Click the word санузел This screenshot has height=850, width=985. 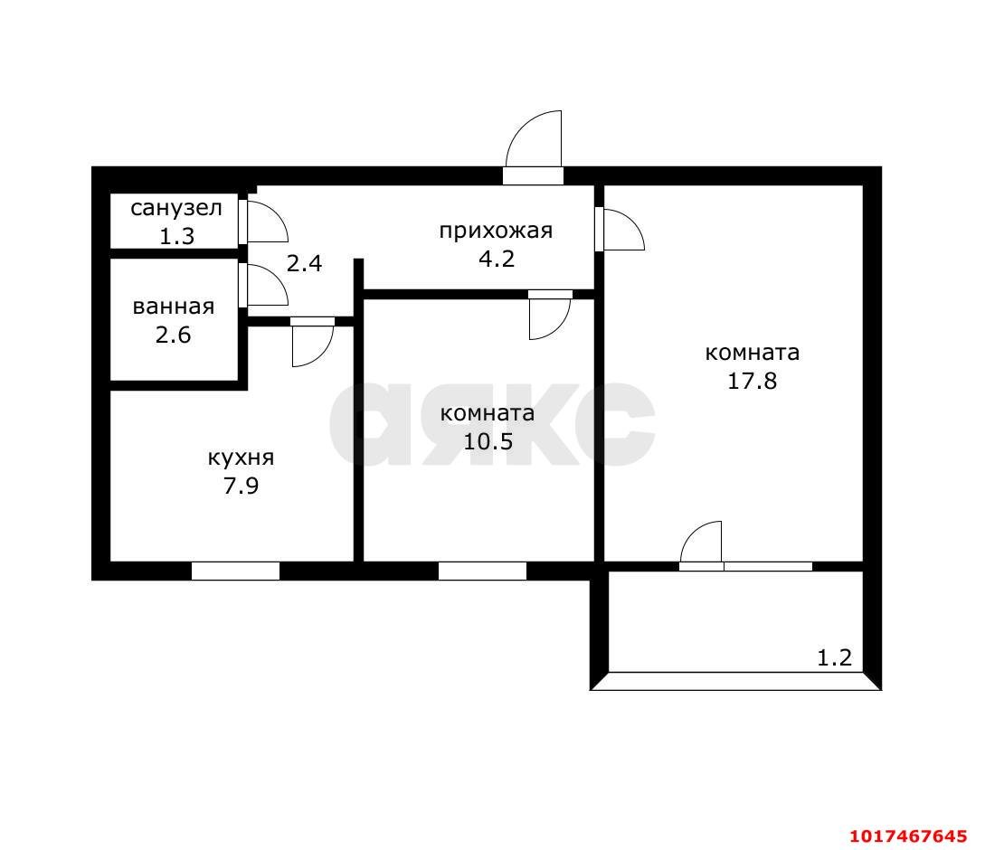(x=176, y=208)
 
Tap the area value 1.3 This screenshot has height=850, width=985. (x=177, y=237)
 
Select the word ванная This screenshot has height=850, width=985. (x=174, y=307)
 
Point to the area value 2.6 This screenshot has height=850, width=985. (x=174, y=335)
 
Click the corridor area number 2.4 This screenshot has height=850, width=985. (x=305, y=263)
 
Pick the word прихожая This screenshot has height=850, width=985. (x=496, y=231)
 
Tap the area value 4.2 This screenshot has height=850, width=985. (x=497, y=259)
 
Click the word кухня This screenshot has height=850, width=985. (x=242, y=458)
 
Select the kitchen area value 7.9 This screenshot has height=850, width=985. (x=242, y=486)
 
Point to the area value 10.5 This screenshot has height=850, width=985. (x=488, y=441)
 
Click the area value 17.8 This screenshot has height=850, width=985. (x=752, y=381)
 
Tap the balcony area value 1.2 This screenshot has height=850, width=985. (x=834, y=657)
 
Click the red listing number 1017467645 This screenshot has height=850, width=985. (x=908, y=836)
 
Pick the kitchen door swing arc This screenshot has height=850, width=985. (x=324, y=355)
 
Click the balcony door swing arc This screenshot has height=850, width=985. (x=692, y=532)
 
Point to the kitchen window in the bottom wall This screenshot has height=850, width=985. (x=235, y=571)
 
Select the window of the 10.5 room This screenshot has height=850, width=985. (x=482, y=571)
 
